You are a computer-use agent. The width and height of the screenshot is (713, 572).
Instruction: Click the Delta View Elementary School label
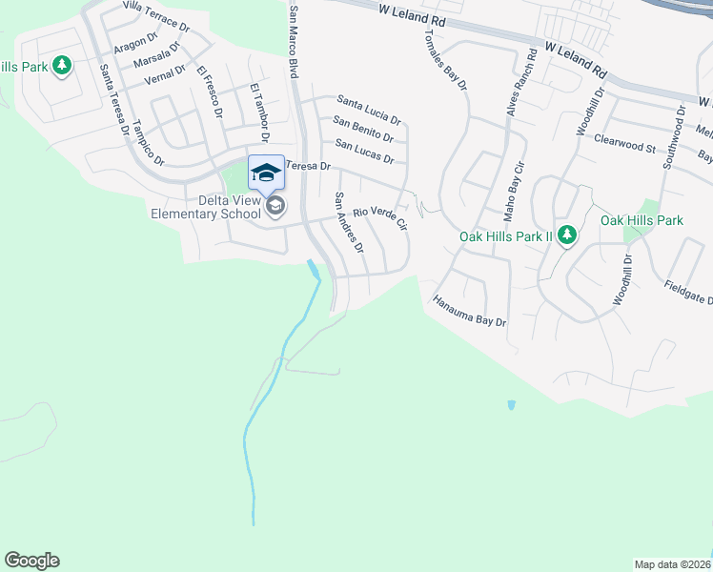(x=205, y=207)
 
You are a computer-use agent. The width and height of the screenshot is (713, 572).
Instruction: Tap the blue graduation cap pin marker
(x=266, y=173)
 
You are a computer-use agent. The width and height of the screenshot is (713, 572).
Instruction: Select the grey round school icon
(x=275, y=207)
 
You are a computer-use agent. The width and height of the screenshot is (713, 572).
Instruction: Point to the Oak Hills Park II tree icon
(x=567, y=235)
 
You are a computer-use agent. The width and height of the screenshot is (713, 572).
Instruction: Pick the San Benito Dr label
(x=362, y=129)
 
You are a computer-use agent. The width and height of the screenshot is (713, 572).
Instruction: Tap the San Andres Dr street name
(x=348, y=223)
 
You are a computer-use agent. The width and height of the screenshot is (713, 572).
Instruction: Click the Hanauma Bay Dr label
(x=469, y=310)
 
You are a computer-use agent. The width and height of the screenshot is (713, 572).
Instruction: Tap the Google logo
(x=31, y=561)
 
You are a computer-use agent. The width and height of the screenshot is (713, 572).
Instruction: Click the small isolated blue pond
(x=512, y=405)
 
